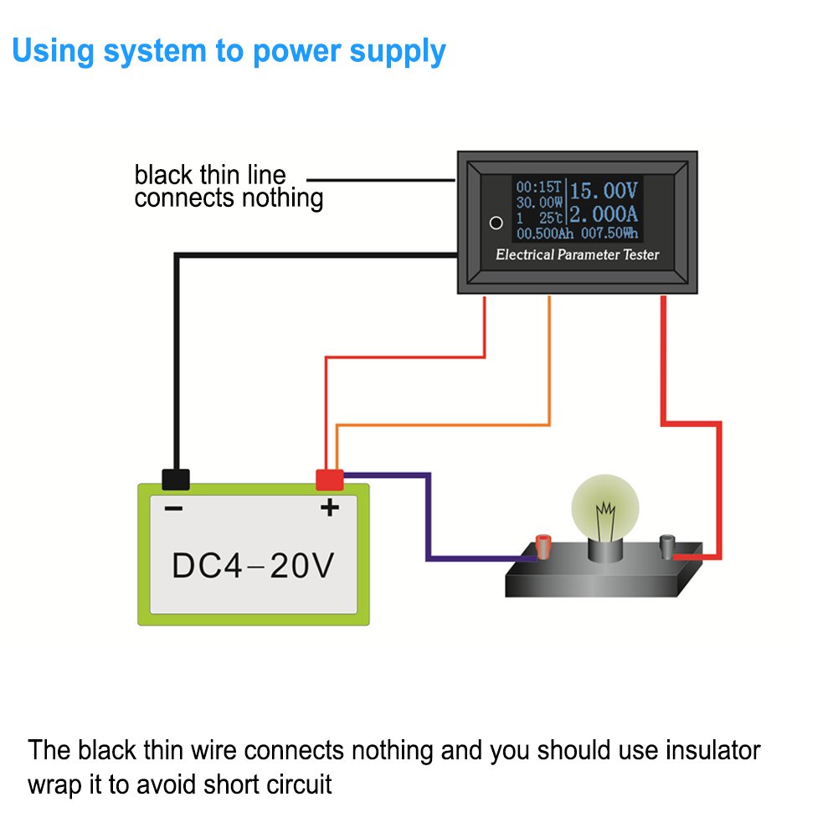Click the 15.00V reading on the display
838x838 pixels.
point(604,189)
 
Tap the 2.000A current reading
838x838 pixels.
point(604,215)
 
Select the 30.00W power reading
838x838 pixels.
point(538,203)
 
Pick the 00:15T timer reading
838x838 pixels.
point(539,187)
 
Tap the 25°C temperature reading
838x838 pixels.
point(548,218)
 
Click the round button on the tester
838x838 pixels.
point(496,224)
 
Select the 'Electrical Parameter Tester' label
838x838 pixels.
point(578,254)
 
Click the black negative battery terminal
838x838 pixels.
point(175,480)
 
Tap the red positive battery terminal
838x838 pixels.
point(329,480)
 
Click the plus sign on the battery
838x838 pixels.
point(329,507)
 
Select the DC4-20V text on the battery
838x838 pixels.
point(253,566)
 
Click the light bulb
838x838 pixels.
point(604,511)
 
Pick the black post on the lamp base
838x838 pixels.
point(667,547)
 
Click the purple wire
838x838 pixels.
point(429,519)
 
